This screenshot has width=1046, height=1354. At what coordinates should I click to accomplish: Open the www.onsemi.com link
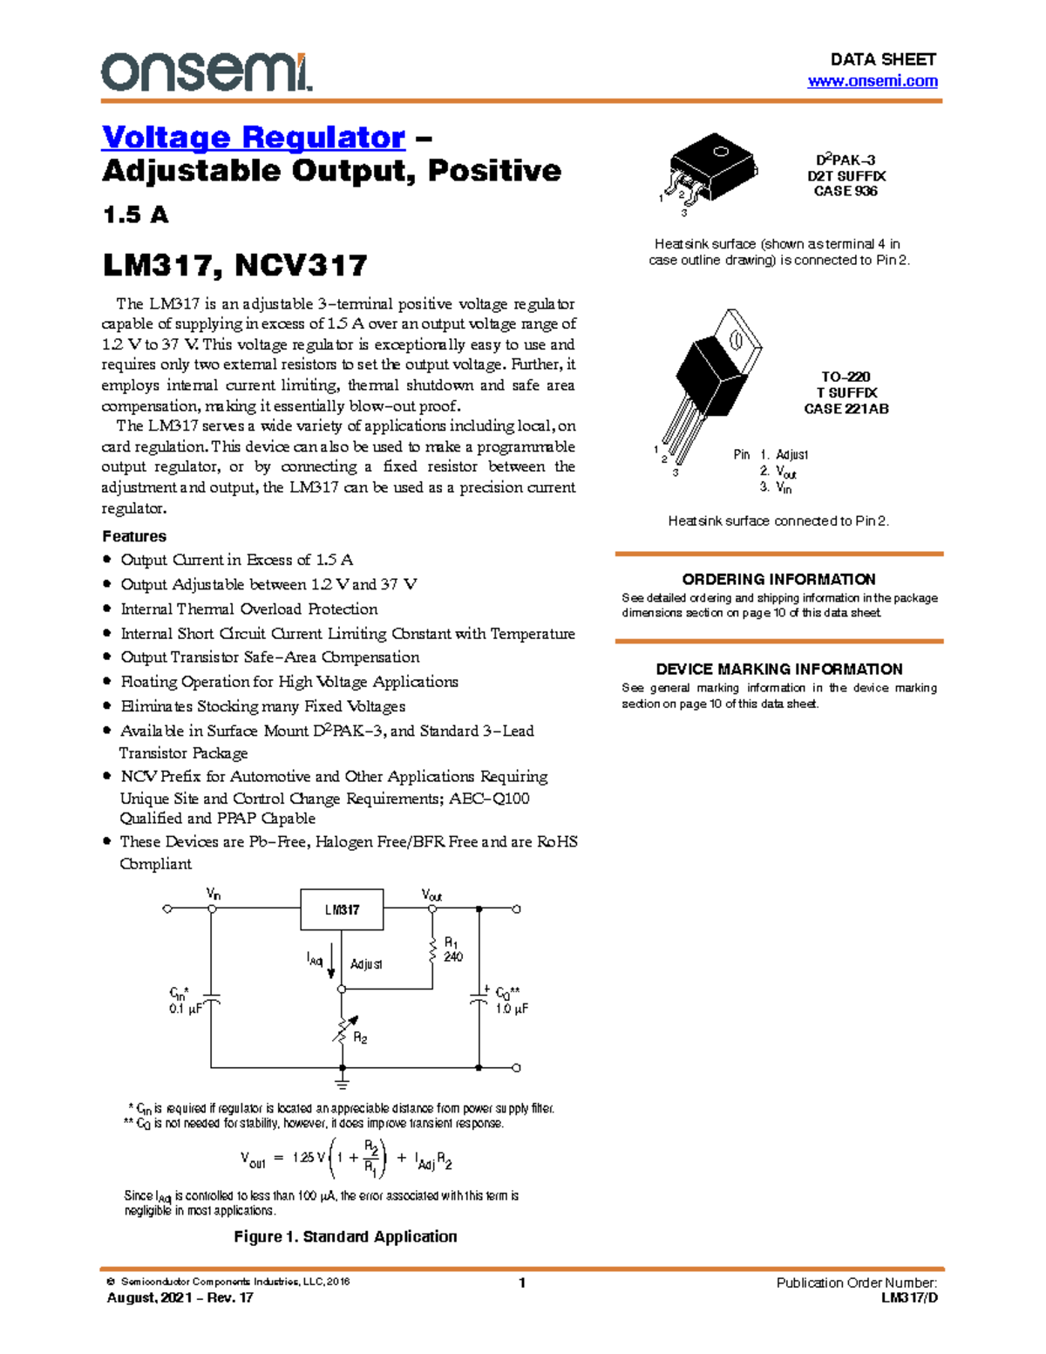click(x=873, y=81)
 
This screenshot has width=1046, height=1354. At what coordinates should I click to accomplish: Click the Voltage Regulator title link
click(x=254, y=138)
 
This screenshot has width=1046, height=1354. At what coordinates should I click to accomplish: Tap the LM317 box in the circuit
click(x=342, y=909)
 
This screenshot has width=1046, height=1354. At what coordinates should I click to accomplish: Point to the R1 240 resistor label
click(x=453, y=949)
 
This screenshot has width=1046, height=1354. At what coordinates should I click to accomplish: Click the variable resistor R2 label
click(x=360, y=1038)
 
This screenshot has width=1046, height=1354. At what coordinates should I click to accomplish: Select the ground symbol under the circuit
click(x=342, y=1083)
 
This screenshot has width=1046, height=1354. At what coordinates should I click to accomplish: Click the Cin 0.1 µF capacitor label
click(x=185, y=1001)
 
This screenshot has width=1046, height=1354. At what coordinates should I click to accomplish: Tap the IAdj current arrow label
click(x=315, y=959)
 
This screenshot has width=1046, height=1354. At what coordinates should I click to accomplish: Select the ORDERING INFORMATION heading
click(x=778, y=579)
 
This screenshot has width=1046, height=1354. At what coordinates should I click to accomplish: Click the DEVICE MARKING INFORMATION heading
click(x=778, y=669)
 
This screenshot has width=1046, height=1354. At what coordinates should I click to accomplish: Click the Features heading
click(x=134, y=536)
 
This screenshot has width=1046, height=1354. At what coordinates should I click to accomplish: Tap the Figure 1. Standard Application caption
click(x=345, y=1236)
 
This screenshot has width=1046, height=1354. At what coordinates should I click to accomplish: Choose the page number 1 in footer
click(x=522, y=1283)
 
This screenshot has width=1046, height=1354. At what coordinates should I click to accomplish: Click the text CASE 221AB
click(x=846, y=408)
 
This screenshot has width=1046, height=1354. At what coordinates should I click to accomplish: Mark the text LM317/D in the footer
click(x=909, y=1297)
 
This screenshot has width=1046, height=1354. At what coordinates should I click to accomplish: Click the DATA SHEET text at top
click(x=883, y=59)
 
